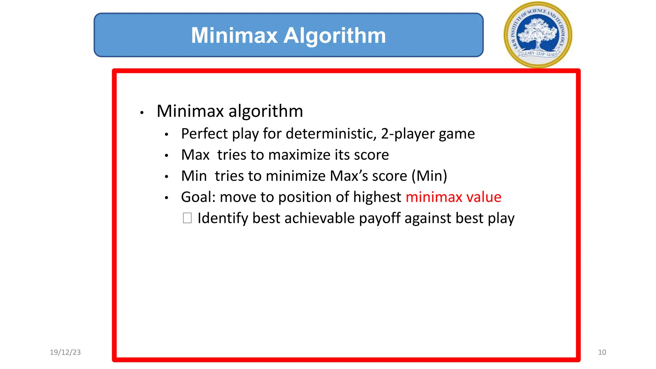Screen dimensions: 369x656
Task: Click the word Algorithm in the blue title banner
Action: pos(335,35)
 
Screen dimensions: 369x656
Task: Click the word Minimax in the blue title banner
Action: pos(234,35)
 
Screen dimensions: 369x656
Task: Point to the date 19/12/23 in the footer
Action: pos(65,352)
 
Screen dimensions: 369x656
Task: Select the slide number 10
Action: pos(602,352)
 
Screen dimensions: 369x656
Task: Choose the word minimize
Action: pos(296,176)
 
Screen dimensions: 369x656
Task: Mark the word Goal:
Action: pos(198,197)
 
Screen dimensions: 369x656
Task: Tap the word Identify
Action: pos(223,218)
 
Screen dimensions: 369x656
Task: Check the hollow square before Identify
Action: pos(187,218)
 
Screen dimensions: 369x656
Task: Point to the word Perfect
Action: pos(204,134)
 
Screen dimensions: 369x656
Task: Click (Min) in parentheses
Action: pos(429,176)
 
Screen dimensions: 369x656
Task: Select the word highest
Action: pos(377,197)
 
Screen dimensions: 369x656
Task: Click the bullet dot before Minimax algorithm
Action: pos(142,112)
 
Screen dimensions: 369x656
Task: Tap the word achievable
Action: pos(319,218)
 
